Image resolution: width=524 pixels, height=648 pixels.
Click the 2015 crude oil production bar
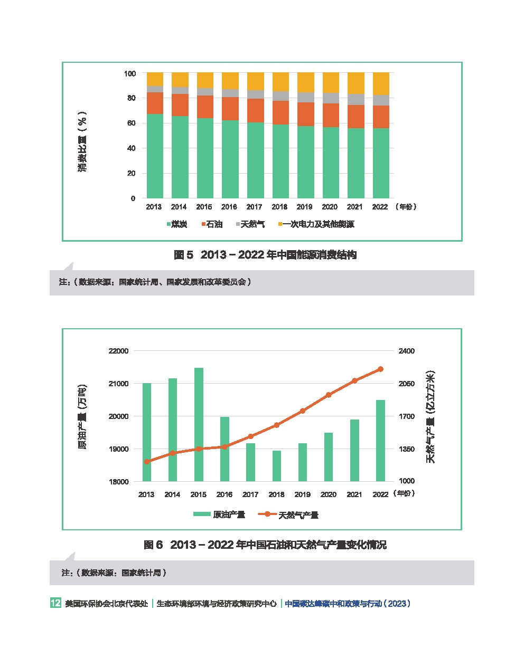pyautogui.click(x=199, y=424)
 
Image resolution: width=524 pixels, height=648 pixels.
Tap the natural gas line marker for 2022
pyautogui.click(x=380, y=369)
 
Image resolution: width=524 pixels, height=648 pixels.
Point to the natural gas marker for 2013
pyautogui.click(x=147, y=462)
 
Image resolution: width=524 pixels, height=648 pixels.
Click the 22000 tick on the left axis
pyautogui.click(x=119, y=351)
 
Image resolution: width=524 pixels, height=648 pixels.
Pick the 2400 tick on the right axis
pyautogui.click(x=407, y=351)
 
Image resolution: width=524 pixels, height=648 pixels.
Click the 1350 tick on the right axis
pyautogui.click(x=407, y=449)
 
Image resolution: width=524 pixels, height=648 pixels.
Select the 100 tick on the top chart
pyautogui.click(x=130, y=73)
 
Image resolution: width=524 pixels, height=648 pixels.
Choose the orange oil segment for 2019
pyautogui.click(x=305, y=114)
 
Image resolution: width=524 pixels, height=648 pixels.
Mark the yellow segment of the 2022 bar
pyautogui.click(x=380, y=83)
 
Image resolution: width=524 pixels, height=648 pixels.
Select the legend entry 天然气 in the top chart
pyautogui.click(x=247, y=224)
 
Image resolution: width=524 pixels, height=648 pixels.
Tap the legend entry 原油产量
pyautogui.click(x=219, y=514)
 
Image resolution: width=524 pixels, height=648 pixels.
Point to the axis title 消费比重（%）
pyautogui.click(x=82, y=141)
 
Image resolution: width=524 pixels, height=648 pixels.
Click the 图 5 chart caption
pyautogui.click(x=265, y=255)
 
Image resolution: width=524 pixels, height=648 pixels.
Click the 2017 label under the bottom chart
pyautogui.click(x=250, y=494)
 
